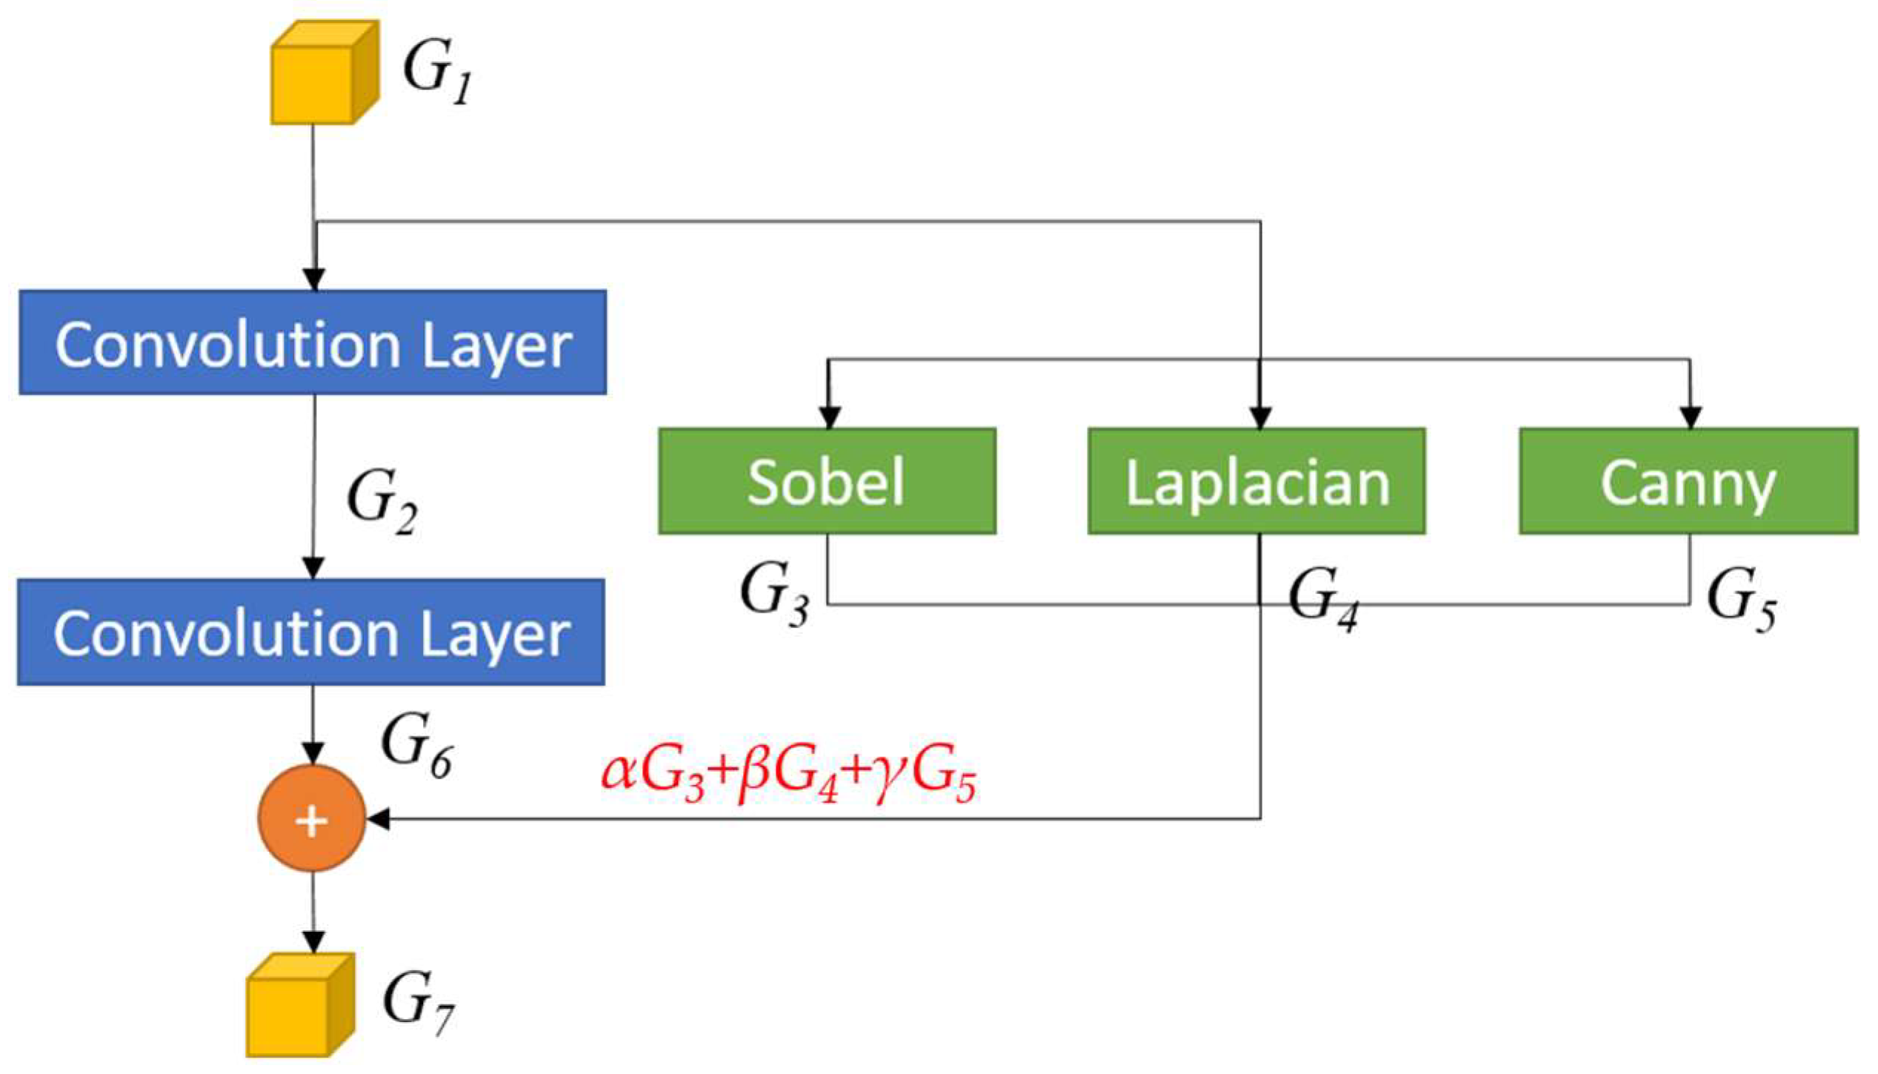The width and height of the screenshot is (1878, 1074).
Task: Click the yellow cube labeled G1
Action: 322,74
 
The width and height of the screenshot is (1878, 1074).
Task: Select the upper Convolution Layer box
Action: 313,342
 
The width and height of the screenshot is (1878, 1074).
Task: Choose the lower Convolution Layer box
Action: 311,632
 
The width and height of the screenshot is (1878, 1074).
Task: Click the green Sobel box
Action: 827,481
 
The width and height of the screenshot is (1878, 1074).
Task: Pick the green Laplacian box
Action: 1256,481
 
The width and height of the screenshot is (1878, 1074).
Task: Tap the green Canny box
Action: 1688,481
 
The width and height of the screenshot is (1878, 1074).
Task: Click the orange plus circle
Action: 311,818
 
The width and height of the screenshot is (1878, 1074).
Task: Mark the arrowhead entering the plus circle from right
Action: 378,819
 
